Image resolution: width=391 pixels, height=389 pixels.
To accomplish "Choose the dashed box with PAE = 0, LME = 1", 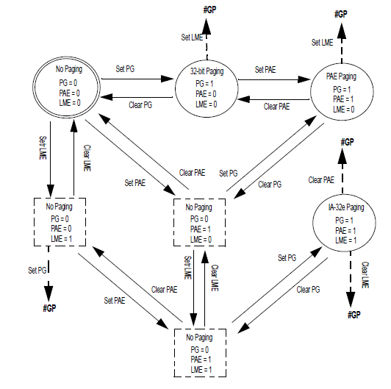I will [60, 221].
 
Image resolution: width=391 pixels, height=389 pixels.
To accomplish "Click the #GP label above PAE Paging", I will [341, 14].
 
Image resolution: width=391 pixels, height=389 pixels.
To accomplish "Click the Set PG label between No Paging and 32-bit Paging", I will [126, 69].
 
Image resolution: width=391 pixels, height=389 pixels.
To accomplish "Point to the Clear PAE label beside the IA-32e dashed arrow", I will [323, 179].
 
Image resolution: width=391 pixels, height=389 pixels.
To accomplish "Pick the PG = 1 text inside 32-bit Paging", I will [207, 85].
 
